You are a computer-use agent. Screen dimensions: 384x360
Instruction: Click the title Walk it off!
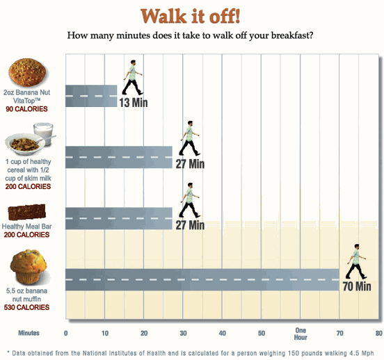[191, 16]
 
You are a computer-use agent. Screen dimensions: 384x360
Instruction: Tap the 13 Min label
[134, 103]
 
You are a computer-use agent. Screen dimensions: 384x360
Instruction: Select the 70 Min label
[357, 286]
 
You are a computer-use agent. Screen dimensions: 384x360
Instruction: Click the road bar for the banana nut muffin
[202, 279]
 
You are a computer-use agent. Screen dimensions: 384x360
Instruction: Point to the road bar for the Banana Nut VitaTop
[91, 96]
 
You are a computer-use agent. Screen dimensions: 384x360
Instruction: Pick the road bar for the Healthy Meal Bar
[119, 218]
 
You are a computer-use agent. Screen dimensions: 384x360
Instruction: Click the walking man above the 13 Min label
[132, 77]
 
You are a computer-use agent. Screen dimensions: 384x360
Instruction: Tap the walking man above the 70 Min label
[356, 261]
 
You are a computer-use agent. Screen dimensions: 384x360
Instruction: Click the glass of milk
[44, 133]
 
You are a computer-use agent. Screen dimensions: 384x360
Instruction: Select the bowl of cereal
[25, 144]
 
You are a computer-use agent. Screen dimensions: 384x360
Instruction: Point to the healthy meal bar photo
[27, 212]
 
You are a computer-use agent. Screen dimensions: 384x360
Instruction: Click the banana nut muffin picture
[29, 268]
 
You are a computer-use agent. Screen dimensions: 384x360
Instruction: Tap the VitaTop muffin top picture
[27, 72]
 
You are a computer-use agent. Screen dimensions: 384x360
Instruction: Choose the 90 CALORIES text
[26, 109]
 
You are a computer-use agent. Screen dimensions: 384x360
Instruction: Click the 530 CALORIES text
[26, 307]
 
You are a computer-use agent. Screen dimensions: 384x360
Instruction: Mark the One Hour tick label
[301, 334]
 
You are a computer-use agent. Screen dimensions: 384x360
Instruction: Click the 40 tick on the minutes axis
[223, 334]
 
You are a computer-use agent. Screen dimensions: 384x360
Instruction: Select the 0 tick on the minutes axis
[65, 334]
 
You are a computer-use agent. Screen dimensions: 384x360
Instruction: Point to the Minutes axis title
[29, 333]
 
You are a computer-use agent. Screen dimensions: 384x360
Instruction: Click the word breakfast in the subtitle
[292, 35]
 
